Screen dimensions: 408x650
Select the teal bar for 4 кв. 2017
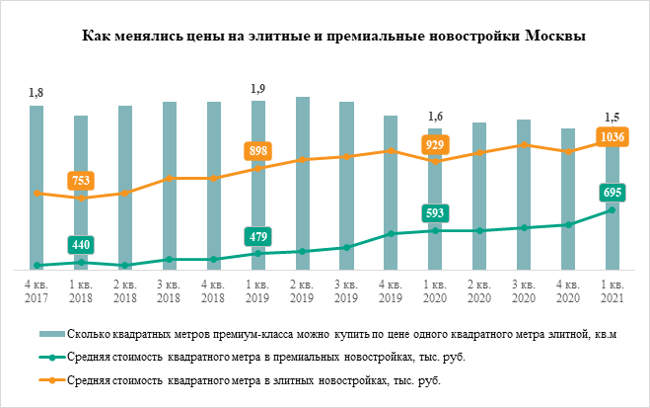[36, 188]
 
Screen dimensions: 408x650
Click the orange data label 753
[81, 181]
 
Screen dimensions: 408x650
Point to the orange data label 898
[257, 151]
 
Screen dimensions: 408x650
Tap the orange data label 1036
[613, 137]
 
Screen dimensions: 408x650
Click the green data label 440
[81, 244]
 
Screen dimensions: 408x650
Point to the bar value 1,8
[36, 93]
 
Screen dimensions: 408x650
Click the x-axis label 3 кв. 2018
[170, 290]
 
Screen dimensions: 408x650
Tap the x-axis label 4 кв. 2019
[391, 290]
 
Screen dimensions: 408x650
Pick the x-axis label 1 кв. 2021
[613, 290]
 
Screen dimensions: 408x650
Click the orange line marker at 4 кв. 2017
[36, 193]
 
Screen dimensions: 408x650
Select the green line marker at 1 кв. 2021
[613, 209]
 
